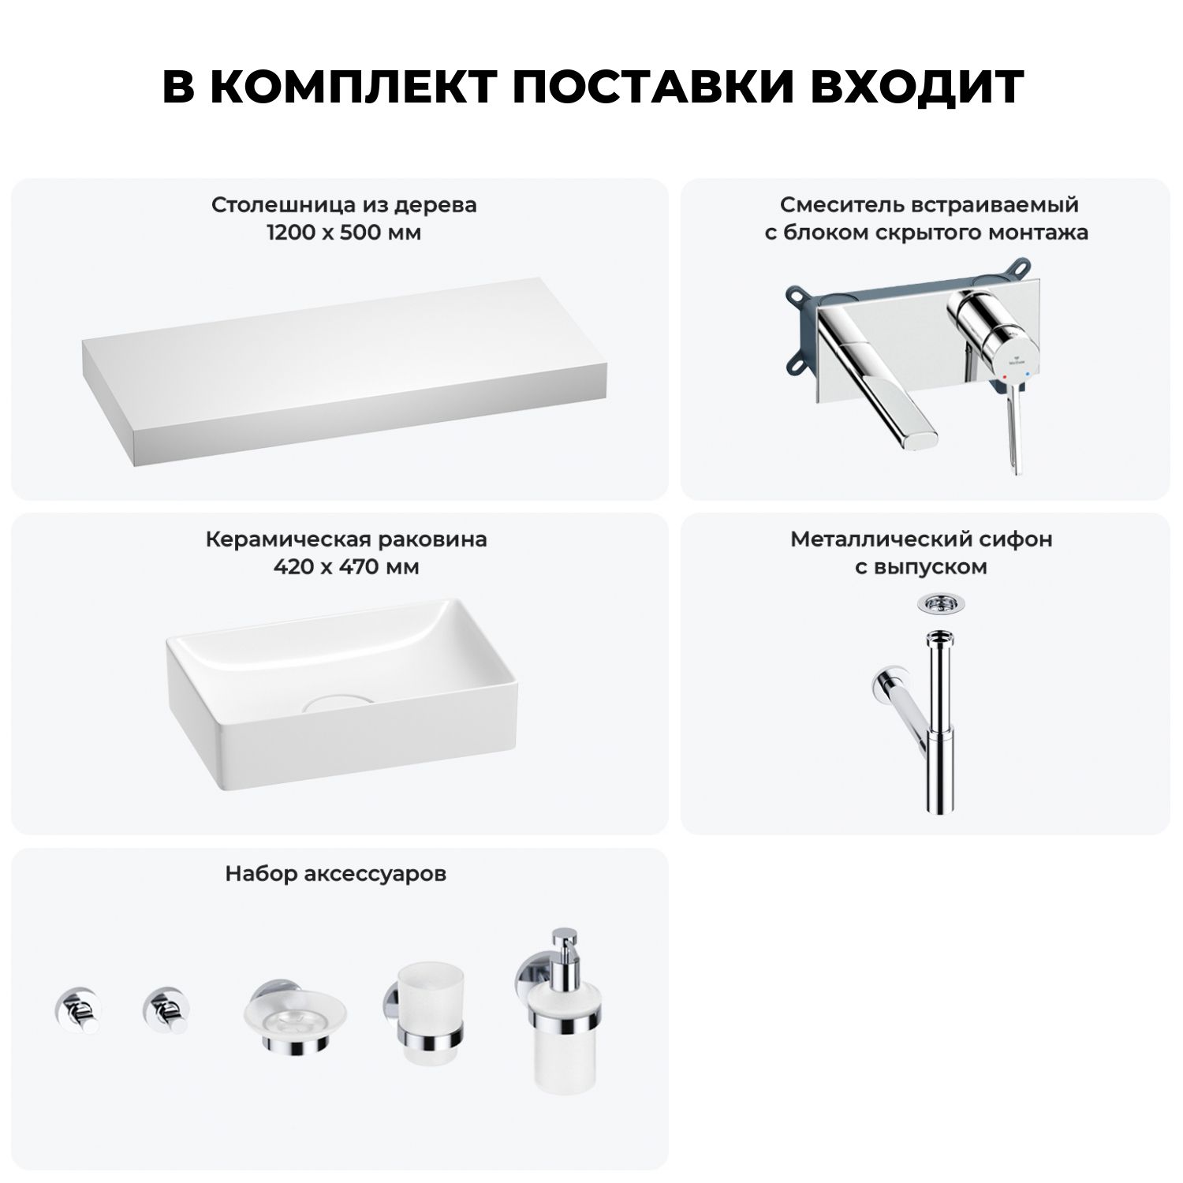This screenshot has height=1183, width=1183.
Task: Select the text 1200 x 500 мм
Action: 343,233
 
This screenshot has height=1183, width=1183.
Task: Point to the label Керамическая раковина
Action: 346,539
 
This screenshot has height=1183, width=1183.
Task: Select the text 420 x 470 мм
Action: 346,568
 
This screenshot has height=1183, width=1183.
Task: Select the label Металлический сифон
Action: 921,539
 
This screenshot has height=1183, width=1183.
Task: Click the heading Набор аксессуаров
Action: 335,874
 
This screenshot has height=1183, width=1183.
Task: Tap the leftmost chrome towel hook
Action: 76,1009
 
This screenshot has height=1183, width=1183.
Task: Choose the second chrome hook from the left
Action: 164,1009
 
